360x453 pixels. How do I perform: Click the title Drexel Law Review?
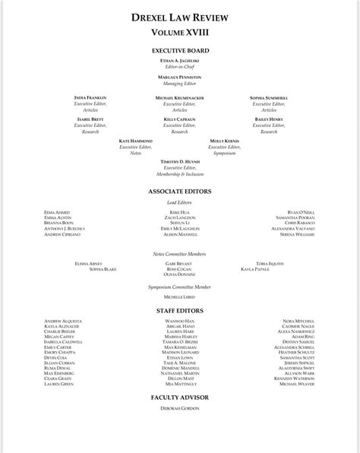click(179, 17)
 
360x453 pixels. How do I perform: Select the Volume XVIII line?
click(179, 33)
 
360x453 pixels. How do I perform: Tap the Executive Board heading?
click(179, 51)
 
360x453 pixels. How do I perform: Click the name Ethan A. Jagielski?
click(179, 60)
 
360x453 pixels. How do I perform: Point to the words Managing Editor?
click(179, 83)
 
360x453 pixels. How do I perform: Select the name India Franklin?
click(90, 98)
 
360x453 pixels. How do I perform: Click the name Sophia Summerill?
click(269, 98)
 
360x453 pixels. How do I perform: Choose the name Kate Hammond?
click(136, 141)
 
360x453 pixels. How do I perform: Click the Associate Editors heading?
click(179, 192)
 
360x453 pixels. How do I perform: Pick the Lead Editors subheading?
click(179, 202)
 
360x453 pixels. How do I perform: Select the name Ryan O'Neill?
click(301, 212)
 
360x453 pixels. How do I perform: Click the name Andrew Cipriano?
click(62, 235)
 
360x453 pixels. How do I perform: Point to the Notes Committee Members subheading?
click(179, 253)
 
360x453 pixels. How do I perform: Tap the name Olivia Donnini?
click(179, 274)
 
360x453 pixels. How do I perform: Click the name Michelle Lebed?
click(179, 298)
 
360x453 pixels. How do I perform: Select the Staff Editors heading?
click(179, 311)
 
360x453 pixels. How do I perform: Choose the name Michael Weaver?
click(298, 385)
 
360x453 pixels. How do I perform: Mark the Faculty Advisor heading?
click(179, 398)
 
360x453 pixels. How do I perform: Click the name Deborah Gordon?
click(179, 409)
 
